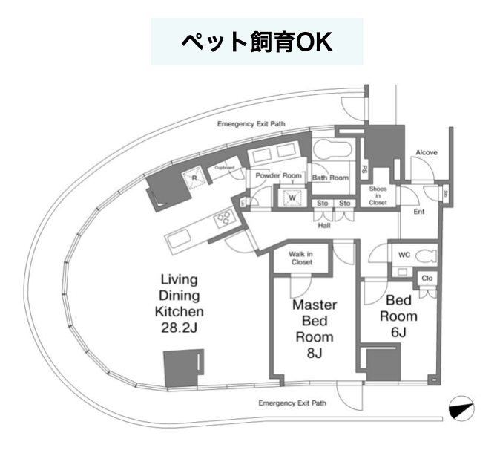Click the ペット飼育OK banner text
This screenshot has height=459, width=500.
[x=257, y=41]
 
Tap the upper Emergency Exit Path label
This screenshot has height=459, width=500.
[x=251, y=125]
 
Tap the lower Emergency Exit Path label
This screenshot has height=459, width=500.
[x=292, y=403]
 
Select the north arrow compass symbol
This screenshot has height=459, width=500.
[x=461, y=408]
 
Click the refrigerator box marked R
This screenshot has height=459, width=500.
[x=194, y=178]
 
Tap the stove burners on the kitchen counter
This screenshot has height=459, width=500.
[x=223, y=218]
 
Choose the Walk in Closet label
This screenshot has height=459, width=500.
[x=300, y=258]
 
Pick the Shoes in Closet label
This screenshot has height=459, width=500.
[x=378, y=195]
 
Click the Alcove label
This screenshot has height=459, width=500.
[x=426, y=152]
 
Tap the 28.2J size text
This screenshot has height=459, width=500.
[x=179, y=325]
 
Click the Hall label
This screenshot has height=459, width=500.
[x=324, y=225]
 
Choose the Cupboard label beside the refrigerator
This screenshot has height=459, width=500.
[x=225, y=168]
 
